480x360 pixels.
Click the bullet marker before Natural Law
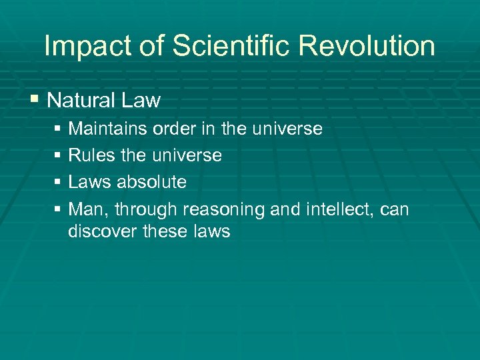tap(34, 100)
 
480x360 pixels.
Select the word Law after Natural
tap(143, 101)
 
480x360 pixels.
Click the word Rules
tap(92, 155)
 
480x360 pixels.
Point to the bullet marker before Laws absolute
tap(58, 182)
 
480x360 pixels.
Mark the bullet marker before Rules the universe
tap(58, 155)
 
